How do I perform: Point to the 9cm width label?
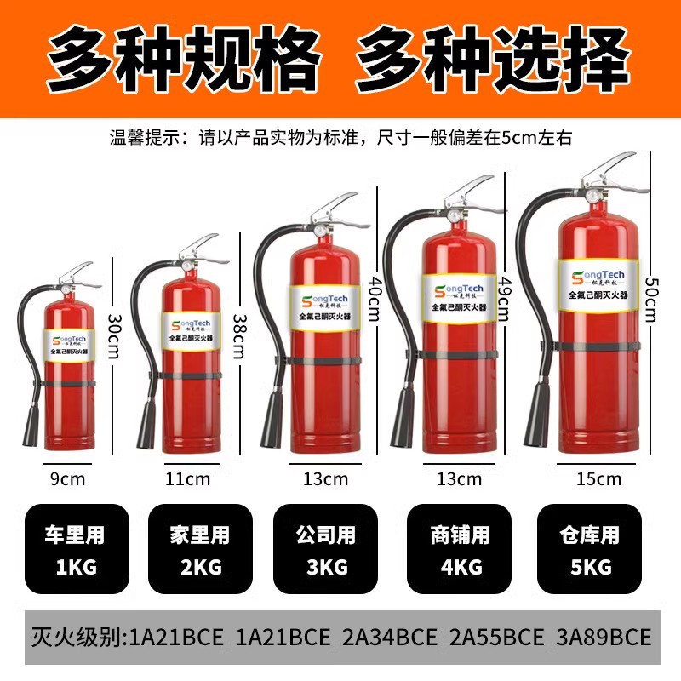68,478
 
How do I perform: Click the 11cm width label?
187,478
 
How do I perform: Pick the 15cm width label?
598,478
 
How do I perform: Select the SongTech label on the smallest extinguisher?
70,345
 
